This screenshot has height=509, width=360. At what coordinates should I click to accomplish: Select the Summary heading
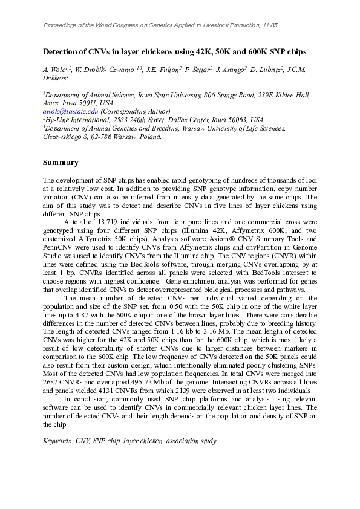coord(61,163)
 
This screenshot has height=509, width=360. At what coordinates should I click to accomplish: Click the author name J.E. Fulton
coord(164,70)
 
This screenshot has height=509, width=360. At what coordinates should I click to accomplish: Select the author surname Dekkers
coord(54,78)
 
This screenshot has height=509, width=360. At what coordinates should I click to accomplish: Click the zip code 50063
coord(237,120)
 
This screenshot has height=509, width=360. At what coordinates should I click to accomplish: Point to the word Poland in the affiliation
coord(150,137)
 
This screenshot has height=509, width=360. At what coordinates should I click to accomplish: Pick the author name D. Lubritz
coord(272,70)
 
